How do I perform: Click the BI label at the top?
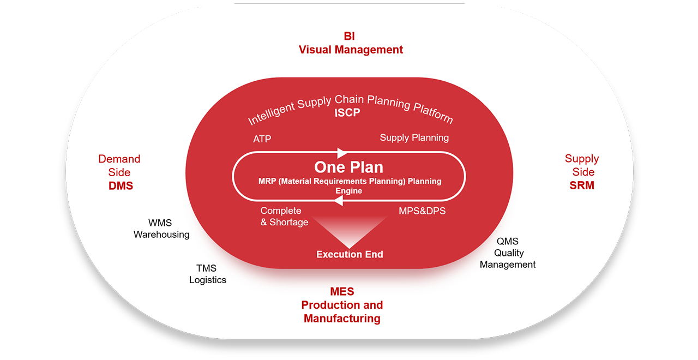pyautogui.click(x=350, y=36)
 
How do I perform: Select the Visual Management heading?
pyautogui.click(x=351, y=50)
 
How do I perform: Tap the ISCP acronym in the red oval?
pyautogui.click(x=347, y=112)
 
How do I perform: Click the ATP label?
pyautogui.click(x=262, y=139)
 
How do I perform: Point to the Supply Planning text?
pyautogui.click(x=414, y=138)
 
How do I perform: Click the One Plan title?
pyautogui.click(x=348, y=167)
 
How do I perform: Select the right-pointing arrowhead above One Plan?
pyautogui.click(x=342, y=153)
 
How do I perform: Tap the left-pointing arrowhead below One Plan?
pyautogui.click(x=339, y=201)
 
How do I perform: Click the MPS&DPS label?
pyautogui.click(x=422, y=211)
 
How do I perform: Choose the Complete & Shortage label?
pyautogui.click(x=284, y=217)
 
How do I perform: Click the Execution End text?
pyautogui.click(x=350, y=254)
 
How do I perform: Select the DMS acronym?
pyautogui.click(x=121, y=186)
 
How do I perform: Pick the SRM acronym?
pyautogui.click(x=582, y=185)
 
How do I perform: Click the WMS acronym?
pyautogui.click(x=160, y=223)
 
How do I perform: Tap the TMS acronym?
pyautogui.click(x=206, y=268)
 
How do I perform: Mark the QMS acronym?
pyautogui.click(x=508, y=241)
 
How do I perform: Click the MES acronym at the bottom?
pyautogui.click(x=342, y=292)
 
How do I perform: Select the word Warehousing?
pyautogui.click(x=161, y=235)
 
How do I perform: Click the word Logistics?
pyautogui.click(x=208, y=280)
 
